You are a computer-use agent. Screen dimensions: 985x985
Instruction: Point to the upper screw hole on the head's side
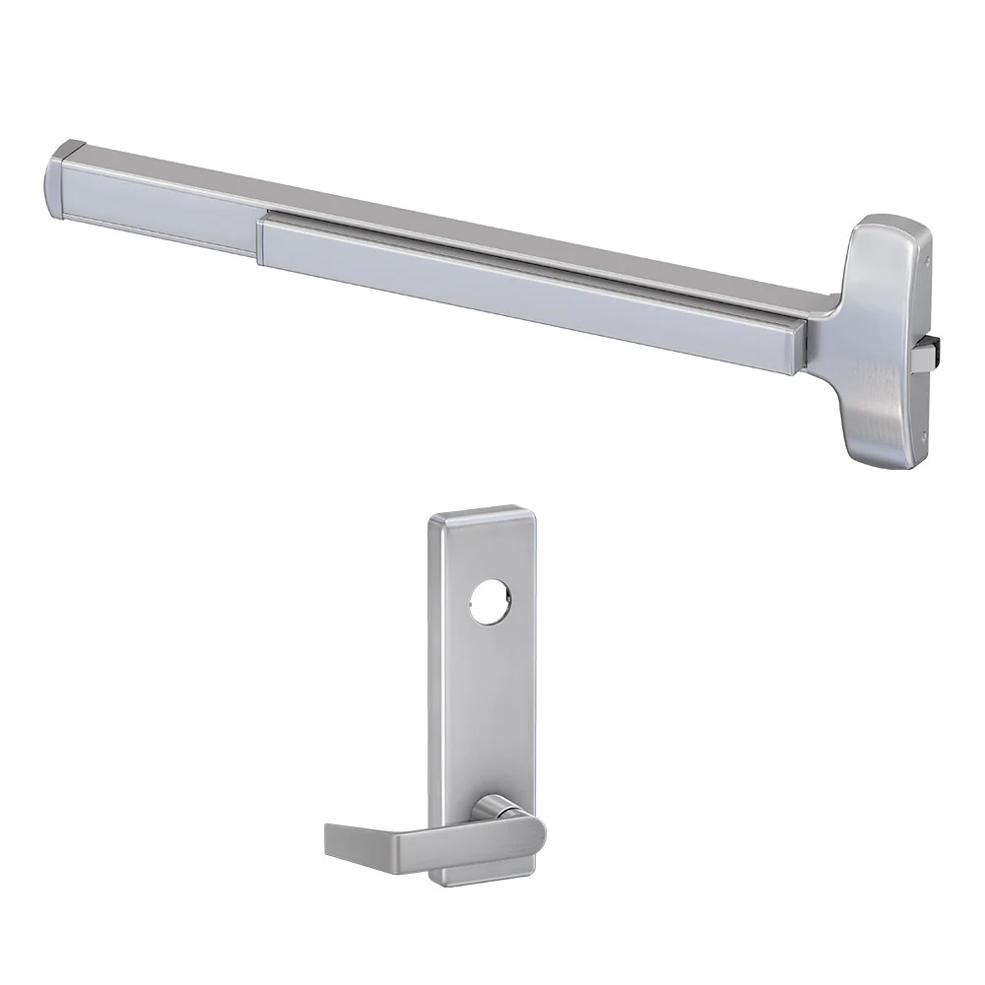pyautogui.click(x=928, y=262)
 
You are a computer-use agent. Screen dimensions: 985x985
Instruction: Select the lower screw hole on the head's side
pyautogui.click(x=924, y=439)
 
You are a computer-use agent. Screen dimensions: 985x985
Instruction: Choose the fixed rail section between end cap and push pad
pyautogui.click(x=167, y=207)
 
